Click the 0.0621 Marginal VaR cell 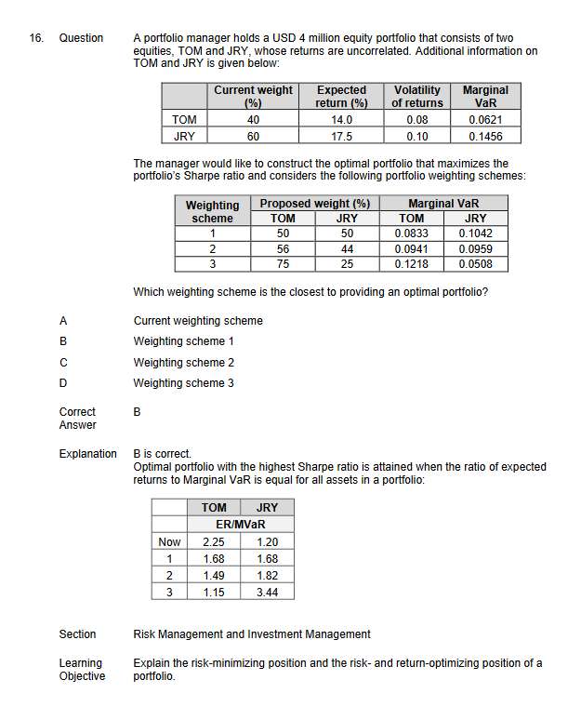pyautogui.click(x=485, y=120)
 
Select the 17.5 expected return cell pyautogui.click(x=341, y=136)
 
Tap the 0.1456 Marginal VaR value pyautogui.click(x=485, y=136)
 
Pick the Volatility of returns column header pyautogui.click(x=416, y=97)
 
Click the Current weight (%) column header pyautogui.click(x=253, y=97)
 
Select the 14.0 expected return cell pyautogui.click(x=341, y=120)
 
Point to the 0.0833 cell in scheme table pyautogui.click(x=412, y=233)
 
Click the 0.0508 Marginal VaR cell pyautogui.click(x=475, y=263)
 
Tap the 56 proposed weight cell pyautogui.click(x=283, y=248)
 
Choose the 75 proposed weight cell pyautogui.click(x=283, y=263)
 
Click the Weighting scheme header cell pyautogui.click(x=212, y=211)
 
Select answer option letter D pyautogui.click(x=63, y=383)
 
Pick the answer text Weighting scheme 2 pyautogui.click(x=184, y=363)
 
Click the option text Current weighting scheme pyautogui.click(x=198, y=321)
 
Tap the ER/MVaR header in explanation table pyautogui.click(x=241, y=525)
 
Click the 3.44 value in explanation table pyautogui.click(x=267, y=592)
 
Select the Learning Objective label pyautogui.click(x=81, y=670)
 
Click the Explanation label pyautogui.click(x=87, y=454)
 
